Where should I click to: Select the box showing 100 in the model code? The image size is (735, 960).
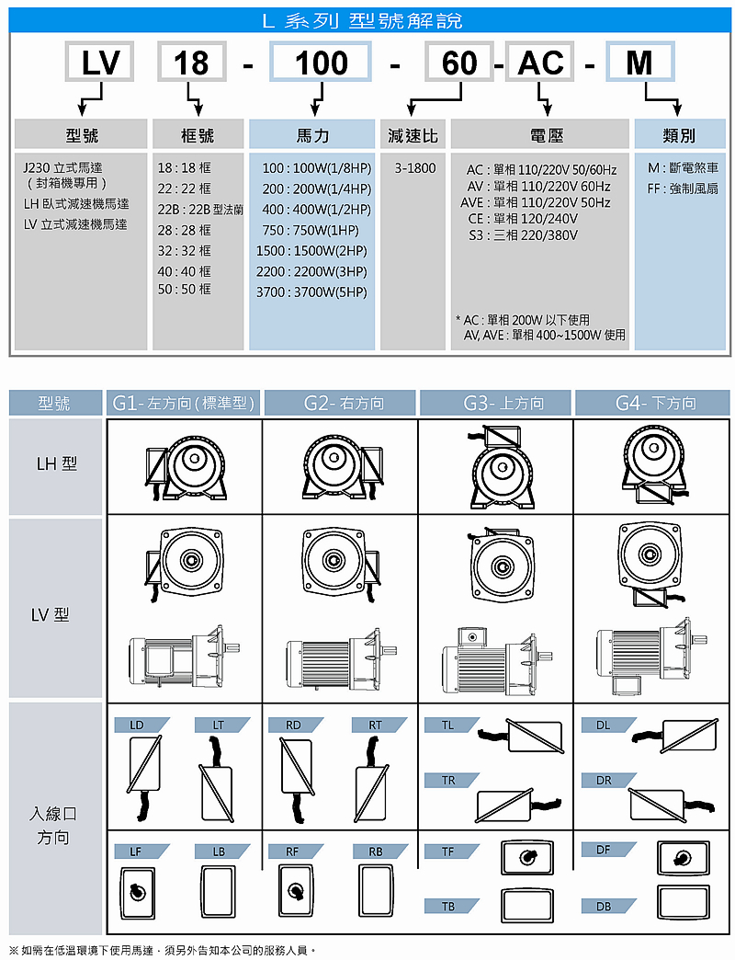321,63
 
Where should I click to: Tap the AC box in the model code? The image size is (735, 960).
540,63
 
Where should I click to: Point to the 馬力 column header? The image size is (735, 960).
312,136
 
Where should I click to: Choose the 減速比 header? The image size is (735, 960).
413,136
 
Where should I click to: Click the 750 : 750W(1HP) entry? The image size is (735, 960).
311,230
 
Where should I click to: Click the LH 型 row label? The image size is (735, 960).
57,463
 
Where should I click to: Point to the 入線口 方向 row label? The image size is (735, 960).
53,826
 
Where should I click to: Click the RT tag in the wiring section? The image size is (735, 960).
376,726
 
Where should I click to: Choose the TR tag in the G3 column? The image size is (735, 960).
448,781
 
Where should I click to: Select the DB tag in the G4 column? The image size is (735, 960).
604,907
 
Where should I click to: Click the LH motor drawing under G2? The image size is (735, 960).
341,465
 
